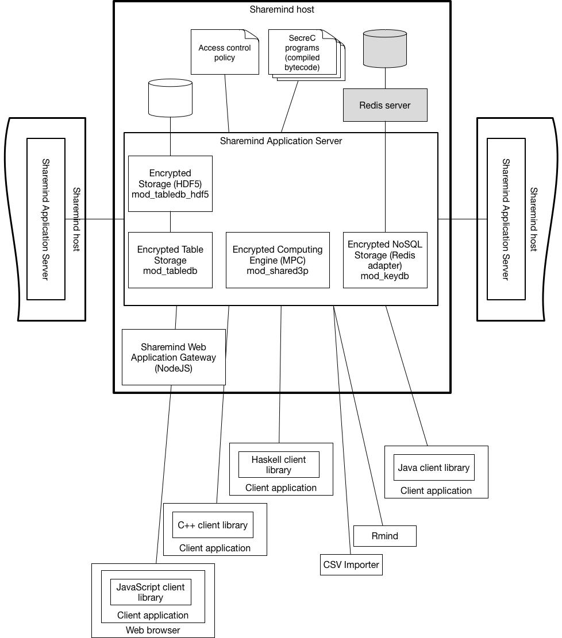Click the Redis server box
tap(385, 105)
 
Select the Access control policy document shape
tap(225, 52)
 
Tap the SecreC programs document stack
tap(306, 55)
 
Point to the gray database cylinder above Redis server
tap(385, 48)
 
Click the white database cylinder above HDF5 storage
tap(170, 98)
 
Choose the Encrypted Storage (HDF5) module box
tap(170, 184)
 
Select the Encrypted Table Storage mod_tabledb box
tap(170, 260)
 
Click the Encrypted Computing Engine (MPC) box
tap(278, 260)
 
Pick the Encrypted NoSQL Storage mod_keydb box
tap(385, 260)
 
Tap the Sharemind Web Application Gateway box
tap(174, 357)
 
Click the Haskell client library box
tap(279, 465)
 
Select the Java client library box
tap(434, 467)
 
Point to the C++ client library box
tap(213, 525)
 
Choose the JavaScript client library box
tap(151, 592)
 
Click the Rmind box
tap(385, 536)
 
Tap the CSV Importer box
tap(352, 564)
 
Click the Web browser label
tap(153, 631)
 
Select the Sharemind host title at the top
tap(282, 9)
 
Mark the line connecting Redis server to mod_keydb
tap(385, 177)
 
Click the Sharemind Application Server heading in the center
tap(281, 141)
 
